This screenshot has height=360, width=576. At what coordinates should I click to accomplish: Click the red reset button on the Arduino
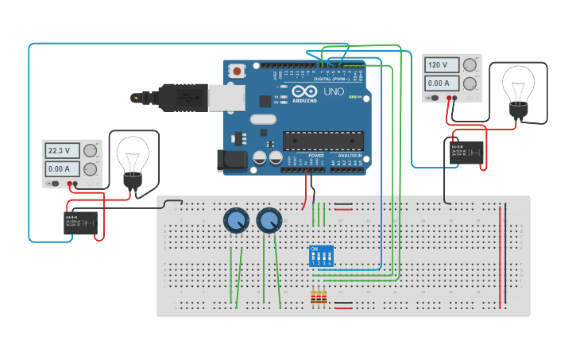tap(237, 72)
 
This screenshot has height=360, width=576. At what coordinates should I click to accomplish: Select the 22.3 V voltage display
tap(61, 150)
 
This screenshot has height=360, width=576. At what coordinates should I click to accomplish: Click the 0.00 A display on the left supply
tap(61, 168)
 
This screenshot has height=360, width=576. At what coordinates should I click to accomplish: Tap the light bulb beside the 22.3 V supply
tap(133, 159)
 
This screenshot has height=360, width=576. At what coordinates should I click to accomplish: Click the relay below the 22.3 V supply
tap(80, 223)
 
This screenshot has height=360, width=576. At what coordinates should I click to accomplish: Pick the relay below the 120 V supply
tap(466, 153)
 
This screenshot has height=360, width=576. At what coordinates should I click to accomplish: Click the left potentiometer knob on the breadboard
tap(236, 219)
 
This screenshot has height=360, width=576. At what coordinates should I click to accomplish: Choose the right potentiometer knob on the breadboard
tap(269, 219)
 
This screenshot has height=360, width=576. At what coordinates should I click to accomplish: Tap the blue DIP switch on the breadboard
tap(321, 256)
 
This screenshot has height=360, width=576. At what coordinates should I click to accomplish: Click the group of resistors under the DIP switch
tap(319, 298)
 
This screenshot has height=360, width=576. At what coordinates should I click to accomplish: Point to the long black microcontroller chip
tap(323, 141)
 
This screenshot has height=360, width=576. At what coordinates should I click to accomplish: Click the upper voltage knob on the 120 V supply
tap(471, 64)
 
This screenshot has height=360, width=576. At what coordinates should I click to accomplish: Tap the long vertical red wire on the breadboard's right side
tap(501, 254)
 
